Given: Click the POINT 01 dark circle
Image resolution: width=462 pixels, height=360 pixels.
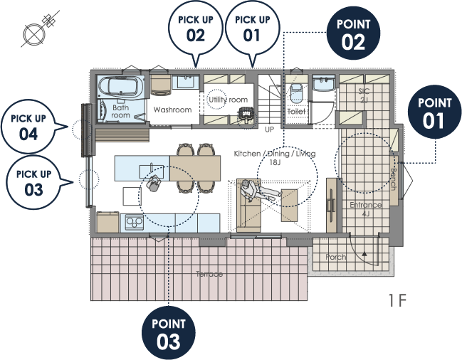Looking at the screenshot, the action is pyautogui.click(x=435, y=112).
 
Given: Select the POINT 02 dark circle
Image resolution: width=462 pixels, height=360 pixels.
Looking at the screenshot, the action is pyautogui.click(x=353, y=33).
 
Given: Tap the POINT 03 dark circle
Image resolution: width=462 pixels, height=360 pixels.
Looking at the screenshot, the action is pyautogui.click(x=169, y=333).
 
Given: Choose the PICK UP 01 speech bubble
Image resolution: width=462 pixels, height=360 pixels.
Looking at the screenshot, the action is pyautogui.click(x=253, y=28).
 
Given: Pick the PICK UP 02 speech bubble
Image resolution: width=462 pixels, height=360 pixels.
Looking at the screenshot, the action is pyautogui.click(x=195, y=28).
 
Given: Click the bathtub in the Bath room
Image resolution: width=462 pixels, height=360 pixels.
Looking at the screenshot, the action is pyautogui.click(x=121, y=86).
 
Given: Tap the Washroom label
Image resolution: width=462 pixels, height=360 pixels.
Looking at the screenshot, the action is pyautogui.click(x=172, y=110).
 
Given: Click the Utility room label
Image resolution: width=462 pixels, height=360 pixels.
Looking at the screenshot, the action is pyautogui.click(x=228, y=100).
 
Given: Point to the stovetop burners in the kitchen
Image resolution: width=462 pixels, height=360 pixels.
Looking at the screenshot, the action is pyautogui.click(x=135, y=222).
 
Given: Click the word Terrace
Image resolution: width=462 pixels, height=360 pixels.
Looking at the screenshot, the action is pyautogui.click(x=209, y=274).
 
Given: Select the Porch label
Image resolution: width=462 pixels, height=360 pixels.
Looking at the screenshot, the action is pyautogui.click(x=335, y=257).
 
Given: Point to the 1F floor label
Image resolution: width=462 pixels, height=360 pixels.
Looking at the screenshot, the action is pyautogui.click(x=397, y=300).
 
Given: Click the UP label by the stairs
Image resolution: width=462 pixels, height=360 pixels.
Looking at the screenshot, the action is pyautogui.click(x=269, y=129).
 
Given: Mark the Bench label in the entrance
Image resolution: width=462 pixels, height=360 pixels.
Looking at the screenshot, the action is pyautogui.click(x=394, y=179).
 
